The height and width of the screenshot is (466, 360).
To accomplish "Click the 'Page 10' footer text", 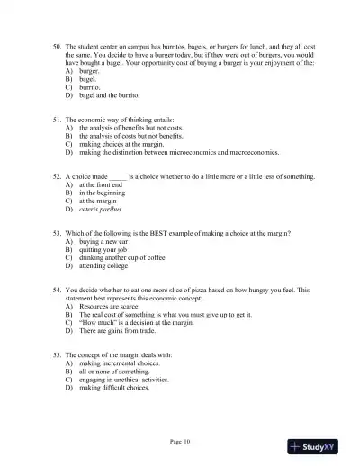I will point(180,441).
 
